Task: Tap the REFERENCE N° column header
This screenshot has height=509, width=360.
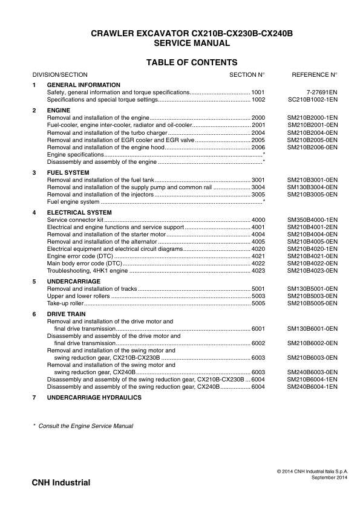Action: pyautogui.click(x=314, y=74)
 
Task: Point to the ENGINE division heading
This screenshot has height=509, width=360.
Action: pyautogui.click(x=59, y=110)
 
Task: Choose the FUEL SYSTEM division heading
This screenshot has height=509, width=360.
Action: pyautogui.click(x=68, y=173)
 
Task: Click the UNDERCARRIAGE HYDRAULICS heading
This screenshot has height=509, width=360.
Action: pyautogui.click(x=94, y=397)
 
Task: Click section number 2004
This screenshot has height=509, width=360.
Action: pyautogui.click(x=258, y=132)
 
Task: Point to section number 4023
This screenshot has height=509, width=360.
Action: pyautogui.click(x=258, y=271)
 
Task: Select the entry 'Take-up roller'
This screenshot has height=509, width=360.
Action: pyautogui.click(x=67, y=303)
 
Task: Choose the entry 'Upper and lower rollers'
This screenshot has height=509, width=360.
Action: pyautogui.click(x=79, y=296)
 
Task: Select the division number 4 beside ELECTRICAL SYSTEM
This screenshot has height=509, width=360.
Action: pyautogui.click(x=34, y=213)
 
